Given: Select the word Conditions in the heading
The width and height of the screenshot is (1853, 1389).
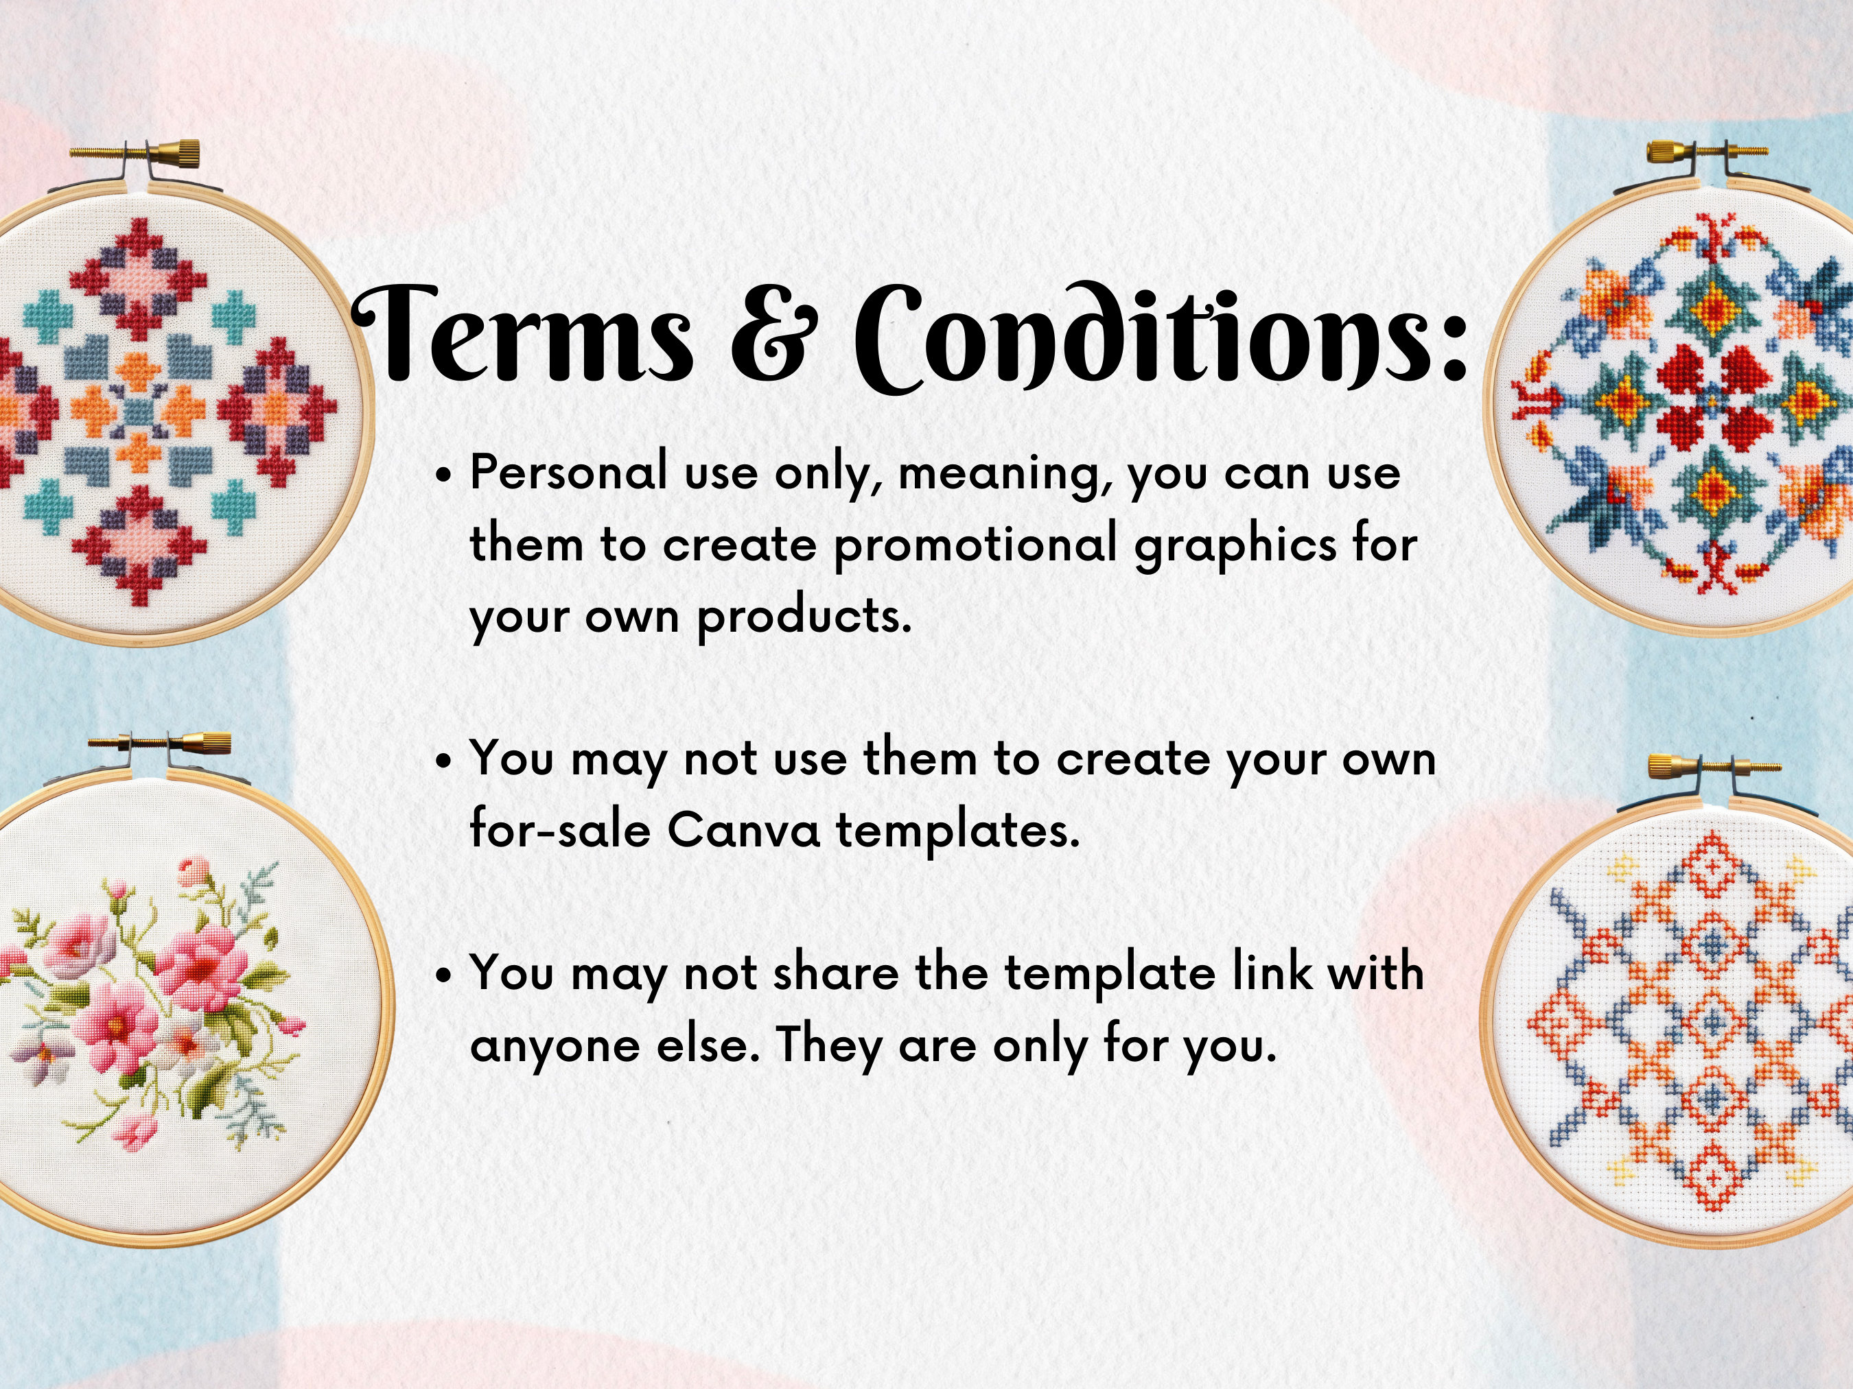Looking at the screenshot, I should click(1161, 339).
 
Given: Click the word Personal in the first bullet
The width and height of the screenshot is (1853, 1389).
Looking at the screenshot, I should click(569, 473).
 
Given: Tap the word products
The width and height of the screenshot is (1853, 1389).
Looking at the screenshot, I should click(804, 618).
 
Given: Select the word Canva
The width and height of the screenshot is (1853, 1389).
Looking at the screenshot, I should click(743, 831).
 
